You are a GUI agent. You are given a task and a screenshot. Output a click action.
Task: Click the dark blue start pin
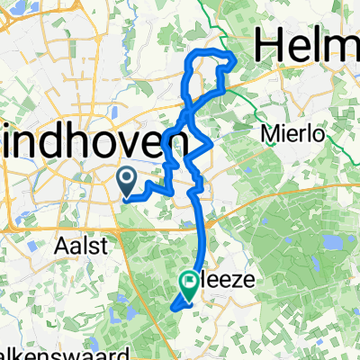click(x=125, y=178)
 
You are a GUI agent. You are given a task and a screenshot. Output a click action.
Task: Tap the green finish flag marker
click(x=191, y=285)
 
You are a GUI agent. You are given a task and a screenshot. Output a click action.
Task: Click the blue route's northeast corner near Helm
click(x=232, y=59)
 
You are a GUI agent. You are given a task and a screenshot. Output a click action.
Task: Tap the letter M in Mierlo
click(x=267, y=134)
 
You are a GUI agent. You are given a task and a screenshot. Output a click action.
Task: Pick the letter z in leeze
click(x=238, y=282)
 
